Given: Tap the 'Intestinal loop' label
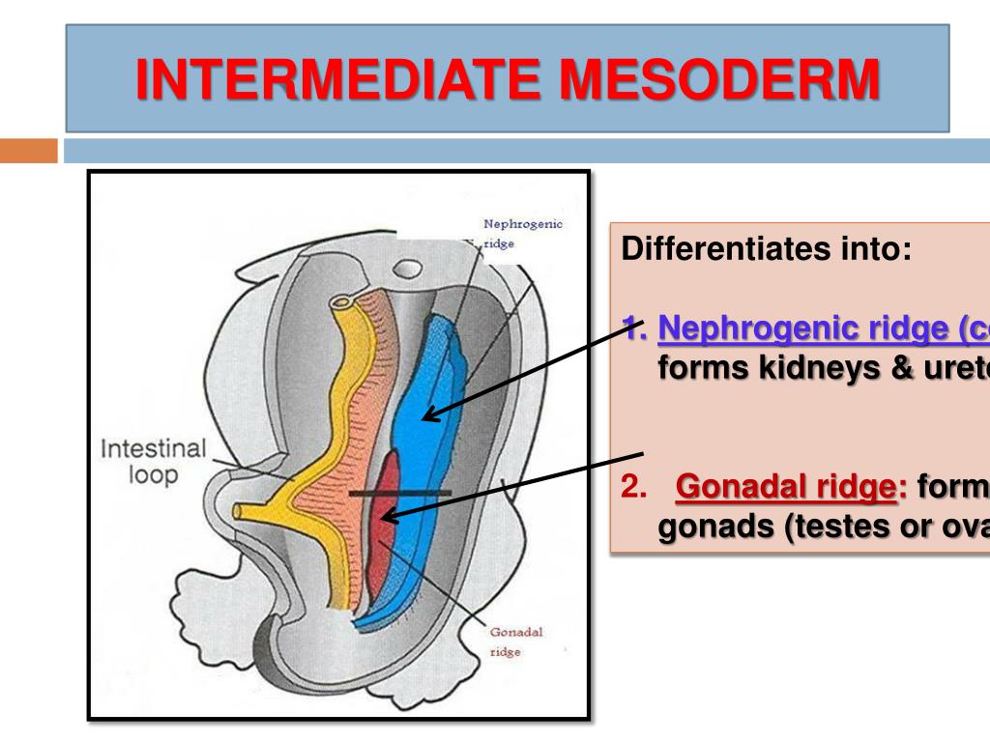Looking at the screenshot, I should (x=154, y=463).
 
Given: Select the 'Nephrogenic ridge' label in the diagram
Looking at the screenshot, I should (x=522, y=234).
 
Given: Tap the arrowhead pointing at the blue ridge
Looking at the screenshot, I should (x=427, y=417).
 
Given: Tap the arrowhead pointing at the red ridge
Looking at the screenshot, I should (x=386, y=520).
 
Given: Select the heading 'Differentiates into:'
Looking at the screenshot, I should (x=766, y=250).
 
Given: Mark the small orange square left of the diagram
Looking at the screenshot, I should (x=29, y=151).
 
